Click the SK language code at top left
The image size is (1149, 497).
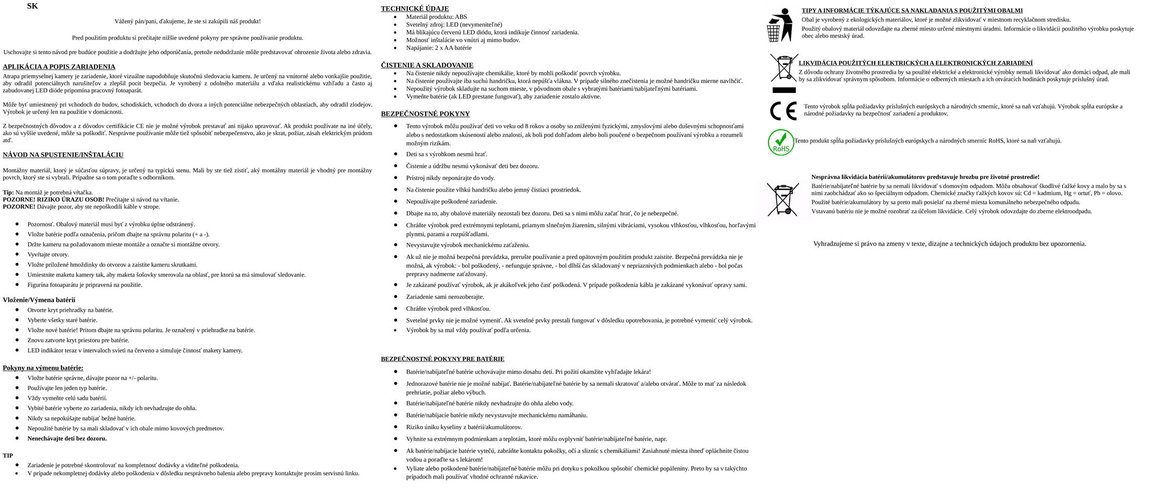click(32, 7)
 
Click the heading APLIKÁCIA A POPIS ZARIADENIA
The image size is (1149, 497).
click(59, 67)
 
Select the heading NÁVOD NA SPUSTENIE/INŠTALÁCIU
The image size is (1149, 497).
click(63, 155)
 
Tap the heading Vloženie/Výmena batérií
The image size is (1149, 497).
click(39, 300)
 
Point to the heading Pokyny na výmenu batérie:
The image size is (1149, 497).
click(43, 368)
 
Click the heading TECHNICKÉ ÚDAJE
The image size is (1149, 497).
click(414, 9)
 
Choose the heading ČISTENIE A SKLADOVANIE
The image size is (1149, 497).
click(427, 65)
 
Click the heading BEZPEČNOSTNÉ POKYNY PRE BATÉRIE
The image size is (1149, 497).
click(442, 359)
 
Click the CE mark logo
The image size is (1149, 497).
click(783, 111)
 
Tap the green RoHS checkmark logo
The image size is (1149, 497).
click(781, 142)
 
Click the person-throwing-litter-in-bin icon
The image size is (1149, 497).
click(779, 25)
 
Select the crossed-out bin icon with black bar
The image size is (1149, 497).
click(784, 73)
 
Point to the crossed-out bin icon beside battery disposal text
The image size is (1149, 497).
click(783, 199)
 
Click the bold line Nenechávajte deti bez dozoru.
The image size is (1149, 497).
click(67, 439)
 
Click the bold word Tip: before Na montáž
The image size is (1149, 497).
click(8, 193)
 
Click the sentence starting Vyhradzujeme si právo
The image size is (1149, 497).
click(949, 244)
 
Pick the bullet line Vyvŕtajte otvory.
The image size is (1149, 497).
click(48, 255)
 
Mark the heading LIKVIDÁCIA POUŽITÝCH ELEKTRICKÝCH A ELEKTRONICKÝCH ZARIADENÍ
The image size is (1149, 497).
click(915, 63)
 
